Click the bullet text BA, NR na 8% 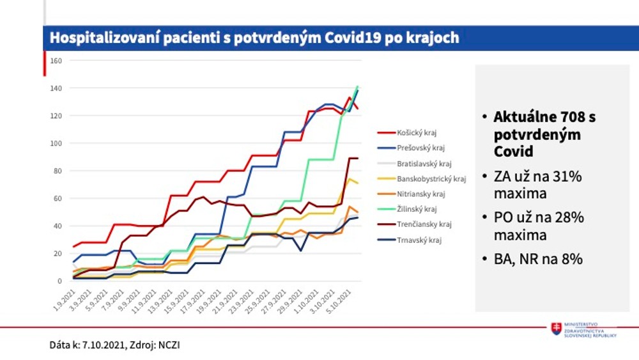538,260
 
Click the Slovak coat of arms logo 557,329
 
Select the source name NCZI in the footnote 177,345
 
